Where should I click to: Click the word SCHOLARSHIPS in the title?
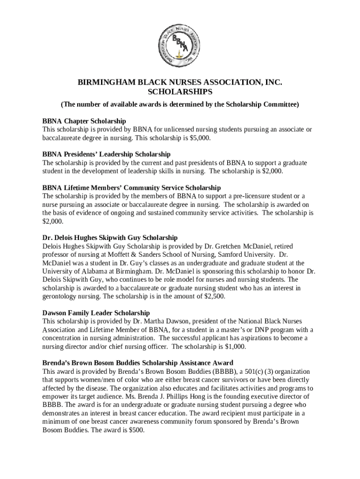pos(180,92)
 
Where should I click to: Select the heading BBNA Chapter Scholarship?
pos(84,121)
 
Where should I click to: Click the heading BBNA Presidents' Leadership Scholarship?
pos(107,154)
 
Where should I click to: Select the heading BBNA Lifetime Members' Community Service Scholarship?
pos(131,188)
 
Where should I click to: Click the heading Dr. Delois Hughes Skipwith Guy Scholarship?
pos(110,238)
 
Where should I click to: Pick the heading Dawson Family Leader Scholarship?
pos(96,312)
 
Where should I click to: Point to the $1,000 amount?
pos(235,347)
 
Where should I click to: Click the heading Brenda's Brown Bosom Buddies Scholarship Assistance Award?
pos(138,363)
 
